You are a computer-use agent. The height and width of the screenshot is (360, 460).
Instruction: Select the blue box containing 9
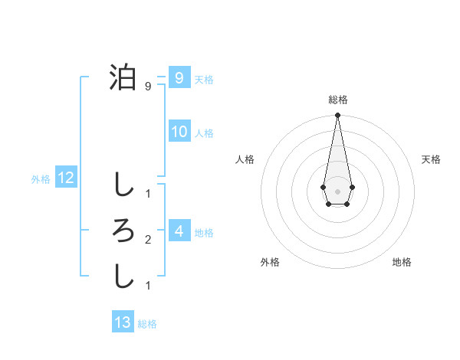(179, 77)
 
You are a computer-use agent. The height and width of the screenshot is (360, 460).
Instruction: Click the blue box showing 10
(179, 132)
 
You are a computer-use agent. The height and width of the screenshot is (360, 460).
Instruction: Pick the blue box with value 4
(179, 231)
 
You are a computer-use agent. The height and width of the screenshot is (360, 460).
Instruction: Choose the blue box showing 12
(66, 178)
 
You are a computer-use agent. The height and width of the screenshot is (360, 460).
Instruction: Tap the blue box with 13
(123, 322)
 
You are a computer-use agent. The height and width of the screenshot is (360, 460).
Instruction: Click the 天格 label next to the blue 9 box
(204, 79)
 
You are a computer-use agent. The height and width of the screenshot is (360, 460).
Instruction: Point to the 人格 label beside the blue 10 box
(204, 133)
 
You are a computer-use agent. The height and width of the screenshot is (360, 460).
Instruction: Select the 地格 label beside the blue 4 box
(204, 232)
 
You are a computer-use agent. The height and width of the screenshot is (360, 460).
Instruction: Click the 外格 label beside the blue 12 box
(41, 179)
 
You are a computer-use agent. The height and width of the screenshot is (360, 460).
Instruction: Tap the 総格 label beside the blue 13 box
(147, 324)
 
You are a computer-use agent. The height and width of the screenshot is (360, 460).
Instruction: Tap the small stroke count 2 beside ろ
(148, 240)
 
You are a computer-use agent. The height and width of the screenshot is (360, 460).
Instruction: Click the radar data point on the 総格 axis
(337, 115)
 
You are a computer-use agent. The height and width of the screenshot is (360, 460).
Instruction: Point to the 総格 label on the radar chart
(338, 100)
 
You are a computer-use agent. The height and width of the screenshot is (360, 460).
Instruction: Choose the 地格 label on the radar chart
(402, 262)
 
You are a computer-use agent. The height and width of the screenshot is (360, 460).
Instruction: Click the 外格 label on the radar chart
(270, 262)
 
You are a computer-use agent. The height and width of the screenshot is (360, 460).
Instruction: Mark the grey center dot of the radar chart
(337, 191)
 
